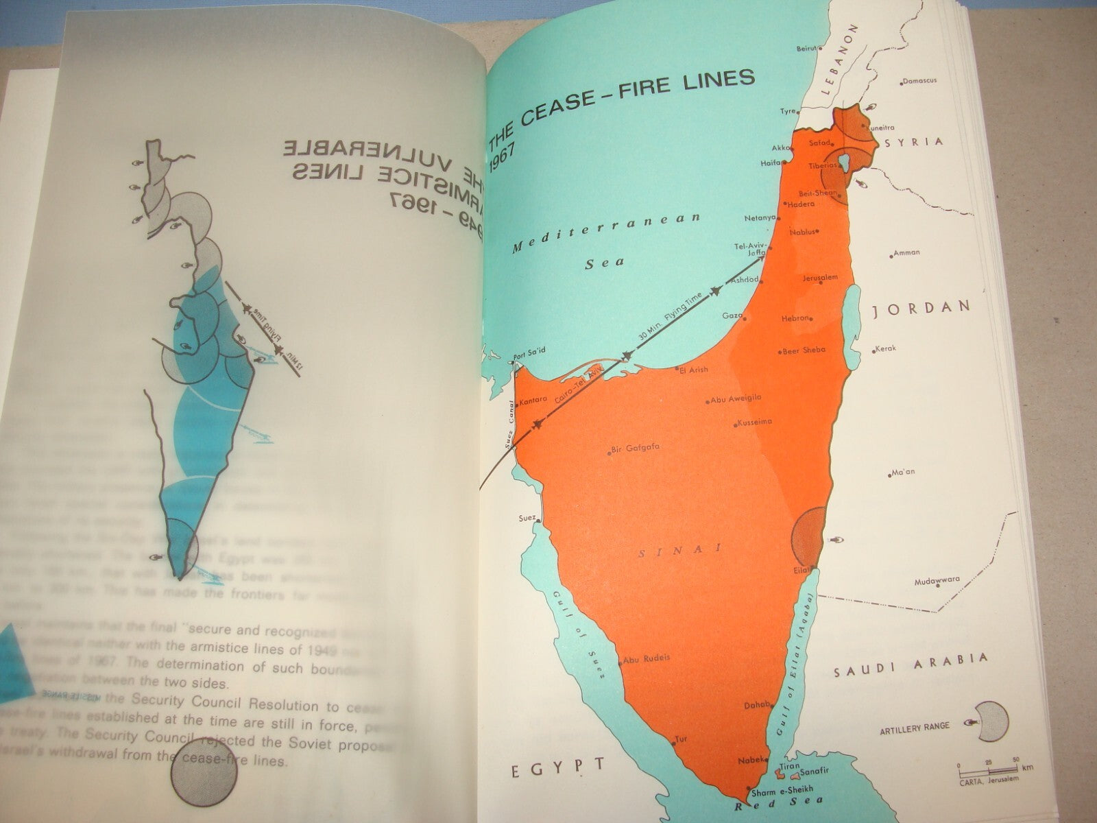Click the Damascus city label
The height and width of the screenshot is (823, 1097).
click(919, 81)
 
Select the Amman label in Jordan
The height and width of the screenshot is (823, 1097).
click(906, 253)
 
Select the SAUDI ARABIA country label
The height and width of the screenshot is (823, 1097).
click(911, 667)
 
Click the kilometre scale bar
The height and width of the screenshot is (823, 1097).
click(987, 765)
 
